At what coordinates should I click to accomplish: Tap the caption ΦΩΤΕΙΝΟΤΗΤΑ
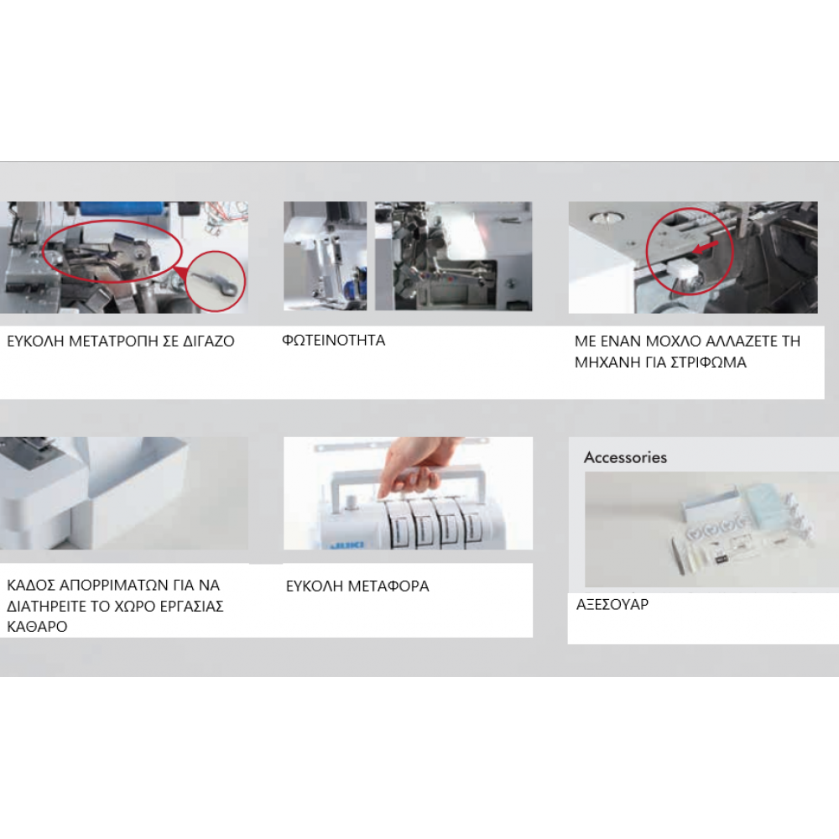[333, 341]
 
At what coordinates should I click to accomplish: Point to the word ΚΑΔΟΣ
[29, 585]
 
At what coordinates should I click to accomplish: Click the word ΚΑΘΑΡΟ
[37, 627]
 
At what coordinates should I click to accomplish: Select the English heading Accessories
[625, 457]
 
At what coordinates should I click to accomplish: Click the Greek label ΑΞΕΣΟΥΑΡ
[612, 604]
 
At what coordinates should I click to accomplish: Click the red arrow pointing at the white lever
[706, 247]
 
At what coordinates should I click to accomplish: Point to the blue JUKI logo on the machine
[347, 545]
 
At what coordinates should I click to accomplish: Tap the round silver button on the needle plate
[606, 217]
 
